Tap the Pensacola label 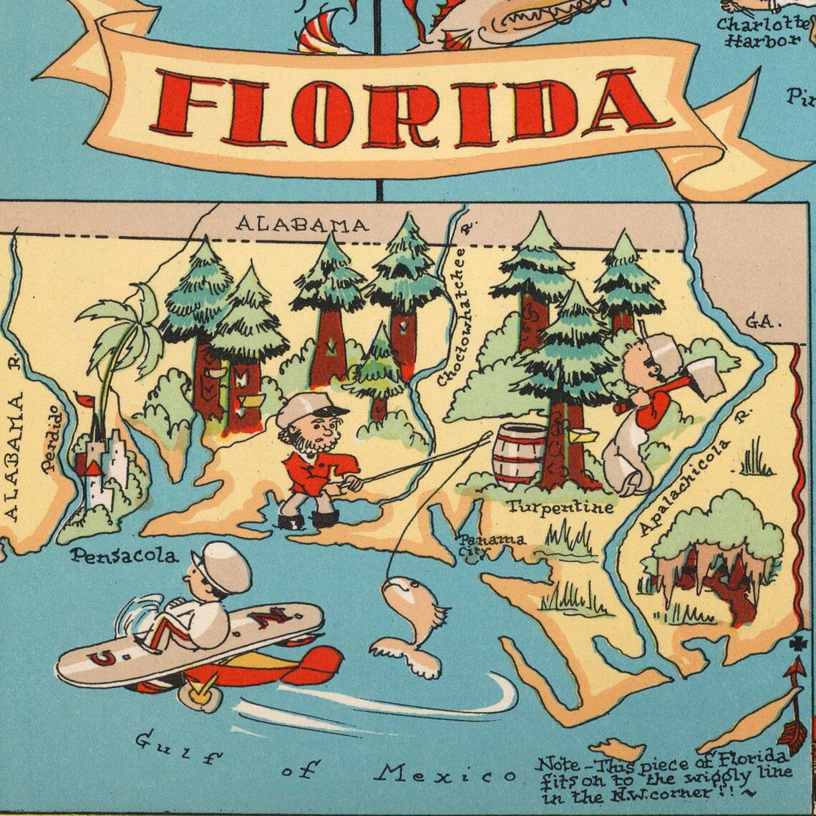point(124,555)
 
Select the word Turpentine point(560,507)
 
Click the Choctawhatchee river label point(453,315)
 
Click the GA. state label point(761,322)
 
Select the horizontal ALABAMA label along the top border point(303,224)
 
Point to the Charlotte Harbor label point(762,32)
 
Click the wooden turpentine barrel point(520,456)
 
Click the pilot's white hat point(223,565)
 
